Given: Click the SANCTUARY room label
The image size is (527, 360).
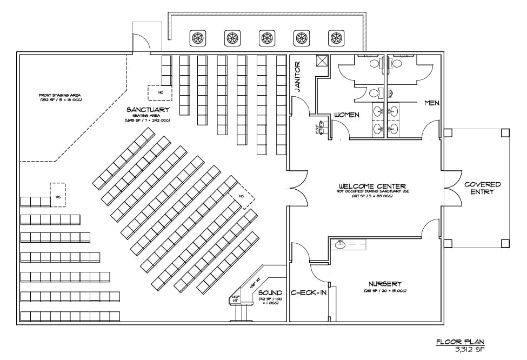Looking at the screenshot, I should click(147, 110).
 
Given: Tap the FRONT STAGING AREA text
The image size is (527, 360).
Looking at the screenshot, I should click(60, 95).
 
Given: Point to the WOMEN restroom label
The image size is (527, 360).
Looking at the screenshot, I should click(347, 115).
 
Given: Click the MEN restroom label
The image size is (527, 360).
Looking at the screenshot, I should click(431, 103).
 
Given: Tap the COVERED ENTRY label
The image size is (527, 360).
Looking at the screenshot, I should click(483, 188).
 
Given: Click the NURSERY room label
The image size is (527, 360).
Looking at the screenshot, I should click(384, 284).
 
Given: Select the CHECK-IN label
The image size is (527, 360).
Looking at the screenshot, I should click(308, 293).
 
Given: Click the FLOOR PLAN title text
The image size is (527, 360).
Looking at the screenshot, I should click(460, 342).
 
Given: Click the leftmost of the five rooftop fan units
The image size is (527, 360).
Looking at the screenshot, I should click(197, 38).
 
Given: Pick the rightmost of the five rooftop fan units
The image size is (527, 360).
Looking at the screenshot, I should click(336, 38).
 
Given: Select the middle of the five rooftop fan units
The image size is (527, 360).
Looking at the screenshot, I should click(266, 38).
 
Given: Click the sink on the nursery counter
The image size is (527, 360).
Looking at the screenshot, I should click(341, 244).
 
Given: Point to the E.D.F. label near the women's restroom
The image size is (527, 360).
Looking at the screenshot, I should click(317, 130).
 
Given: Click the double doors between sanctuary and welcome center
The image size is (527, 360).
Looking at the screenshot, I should click(295, 189).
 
